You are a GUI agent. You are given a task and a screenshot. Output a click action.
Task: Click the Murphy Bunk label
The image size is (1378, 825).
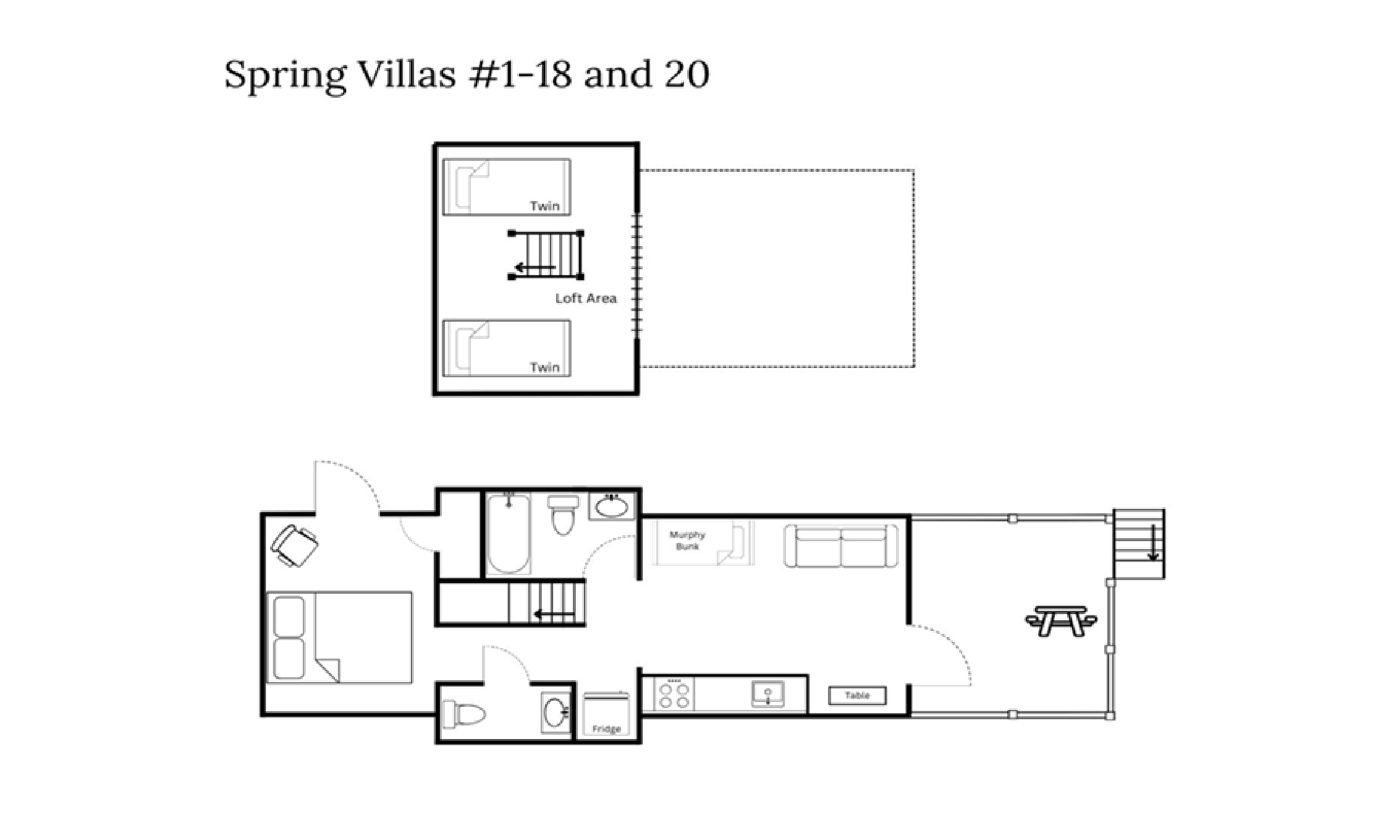click(x=687, y=541)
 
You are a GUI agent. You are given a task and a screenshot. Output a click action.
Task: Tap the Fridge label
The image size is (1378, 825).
click(x=606, y=729)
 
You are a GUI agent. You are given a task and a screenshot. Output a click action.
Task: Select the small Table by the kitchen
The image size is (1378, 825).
click(x=857, y=696)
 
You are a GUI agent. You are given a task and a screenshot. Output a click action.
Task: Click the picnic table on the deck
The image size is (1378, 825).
click(x=1060, y=620)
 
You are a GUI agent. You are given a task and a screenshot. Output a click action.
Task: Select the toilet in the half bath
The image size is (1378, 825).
click(x=464, y=714)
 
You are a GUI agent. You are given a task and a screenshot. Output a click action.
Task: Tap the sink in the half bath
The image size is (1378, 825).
click(x=556, y=713)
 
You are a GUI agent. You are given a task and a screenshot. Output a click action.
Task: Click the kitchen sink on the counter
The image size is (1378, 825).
click(x=767, y=694)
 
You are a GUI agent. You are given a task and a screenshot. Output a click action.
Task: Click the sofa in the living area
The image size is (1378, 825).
click(x=840, y=546)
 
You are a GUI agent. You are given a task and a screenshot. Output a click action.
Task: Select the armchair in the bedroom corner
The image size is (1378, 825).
click(x=295, y=545)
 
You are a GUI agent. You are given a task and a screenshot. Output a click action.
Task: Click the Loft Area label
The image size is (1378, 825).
click(x=585, y=298)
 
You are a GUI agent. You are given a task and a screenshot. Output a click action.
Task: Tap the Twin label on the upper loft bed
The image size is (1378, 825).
click(x=544, y=206)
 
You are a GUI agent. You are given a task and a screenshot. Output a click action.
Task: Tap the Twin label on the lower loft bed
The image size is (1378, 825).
click(x=544, y=367)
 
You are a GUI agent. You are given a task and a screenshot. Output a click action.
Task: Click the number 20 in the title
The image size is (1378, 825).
click(x=687, y=74)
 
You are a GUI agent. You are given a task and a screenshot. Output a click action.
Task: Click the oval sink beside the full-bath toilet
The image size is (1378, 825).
click(x=612, y=507)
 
